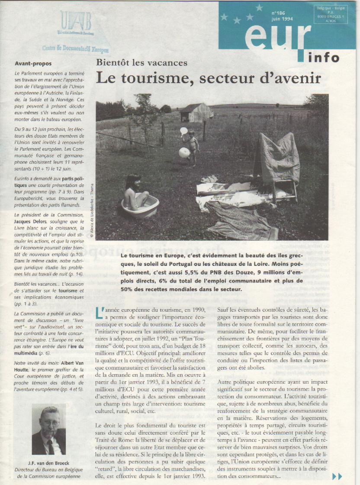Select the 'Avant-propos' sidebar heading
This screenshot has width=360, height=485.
[x=33, y=63]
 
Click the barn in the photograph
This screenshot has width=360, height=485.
[x=196, y=113]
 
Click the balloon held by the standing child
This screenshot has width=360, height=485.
[x=184, y=152]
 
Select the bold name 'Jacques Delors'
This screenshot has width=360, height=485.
[x=33, y=223]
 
